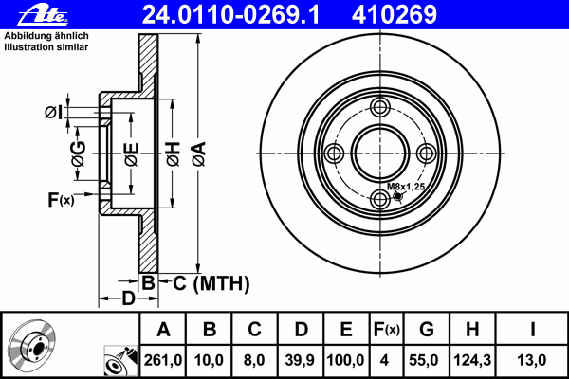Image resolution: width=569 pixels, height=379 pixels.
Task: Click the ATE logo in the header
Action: point(43,15)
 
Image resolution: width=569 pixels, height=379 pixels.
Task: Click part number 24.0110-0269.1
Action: point(230,15)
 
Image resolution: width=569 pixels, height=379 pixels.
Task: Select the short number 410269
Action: point(395,15)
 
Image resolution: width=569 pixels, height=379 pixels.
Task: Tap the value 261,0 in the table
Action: point(163,360)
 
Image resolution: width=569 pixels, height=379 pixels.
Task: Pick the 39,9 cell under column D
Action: point(300,360)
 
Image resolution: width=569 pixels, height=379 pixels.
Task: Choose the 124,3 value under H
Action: point(472,360)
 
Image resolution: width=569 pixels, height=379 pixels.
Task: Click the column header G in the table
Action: point(427,330)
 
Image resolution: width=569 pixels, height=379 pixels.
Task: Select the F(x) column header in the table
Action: point(387,330)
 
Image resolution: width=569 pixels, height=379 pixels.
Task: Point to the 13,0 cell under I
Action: point(531,360)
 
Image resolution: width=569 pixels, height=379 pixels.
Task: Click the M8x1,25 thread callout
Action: point(405,187)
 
